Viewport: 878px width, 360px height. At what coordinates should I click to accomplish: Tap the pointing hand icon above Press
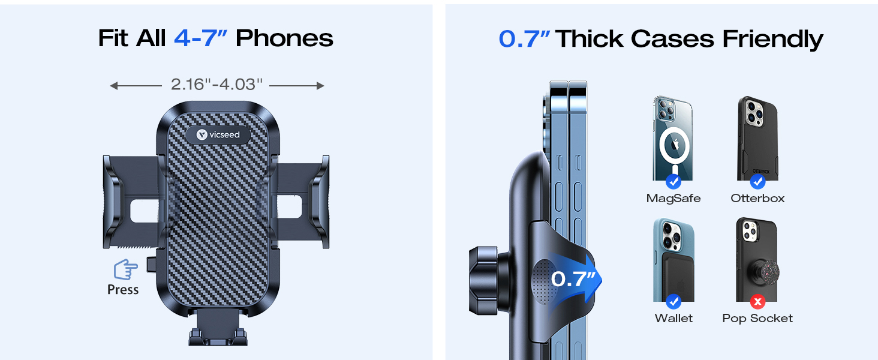click(125, 269)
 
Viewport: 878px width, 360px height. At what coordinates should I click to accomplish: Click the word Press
click(123, 290)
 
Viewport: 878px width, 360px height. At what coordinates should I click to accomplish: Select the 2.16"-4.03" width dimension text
click(217, 85)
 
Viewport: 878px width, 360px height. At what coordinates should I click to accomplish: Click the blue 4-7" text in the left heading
click(200, 38)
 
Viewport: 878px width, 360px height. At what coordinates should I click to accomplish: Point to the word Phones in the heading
click(284, 38)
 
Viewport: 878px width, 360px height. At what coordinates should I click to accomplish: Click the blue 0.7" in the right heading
click(524, 39)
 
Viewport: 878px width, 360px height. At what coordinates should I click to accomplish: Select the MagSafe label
click(673, 199)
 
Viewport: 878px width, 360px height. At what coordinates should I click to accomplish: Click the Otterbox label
click(757, 199)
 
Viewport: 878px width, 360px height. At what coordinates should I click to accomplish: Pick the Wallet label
click(673, 319)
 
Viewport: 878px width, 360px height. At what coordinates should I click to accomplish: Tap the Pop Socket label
click(757, 319)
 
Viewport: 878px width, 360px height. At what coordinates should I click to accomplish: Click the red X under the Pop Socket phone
click(757, 301)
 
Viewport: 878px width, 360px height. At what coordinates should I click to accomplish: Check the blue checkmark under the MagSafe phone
click(673, 181)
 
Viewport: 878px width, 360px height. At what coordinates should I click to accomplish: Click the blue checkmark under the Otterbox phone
click(757, 181)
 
